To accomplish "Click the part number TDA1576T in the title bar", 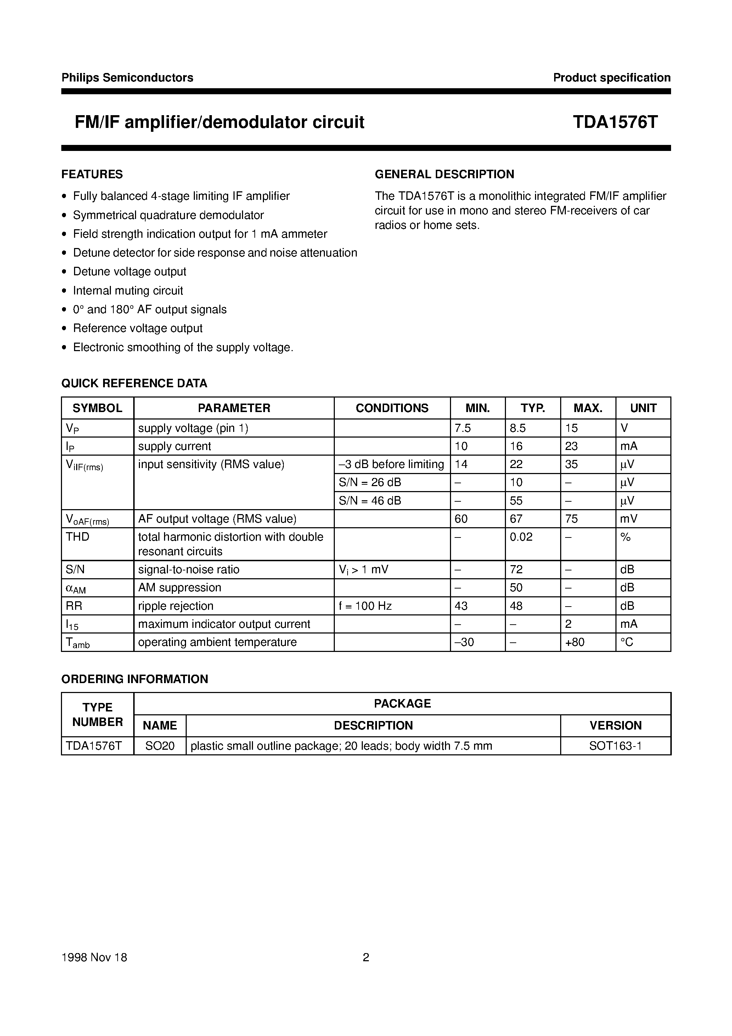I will (x=615, y=122).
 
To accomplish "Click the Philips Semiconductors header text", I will (x=127, y=78).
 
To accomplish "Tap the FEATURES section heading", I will (x=92, y=174).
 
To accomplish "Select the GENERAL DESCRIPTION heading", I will (x=445, y=174).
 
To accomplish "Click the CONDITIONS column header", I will (x=392, y=408).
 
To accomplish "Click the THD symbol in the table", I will (x=78, y=536).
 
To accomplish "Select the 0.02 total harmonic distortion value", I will (x=521, y=536).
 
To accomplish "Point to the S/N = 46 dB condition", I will (x=370, y=500).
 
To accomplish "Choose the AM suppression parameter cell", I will (x=180, y=587).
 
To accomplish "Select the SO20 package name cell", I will (x=160, y=745).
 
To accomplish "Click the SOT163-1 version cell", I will (x=615, y=745).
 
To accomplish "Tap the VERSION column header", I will (x=615, y=725).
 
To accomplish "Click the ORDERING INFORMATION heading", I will (x=135, y=679).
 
